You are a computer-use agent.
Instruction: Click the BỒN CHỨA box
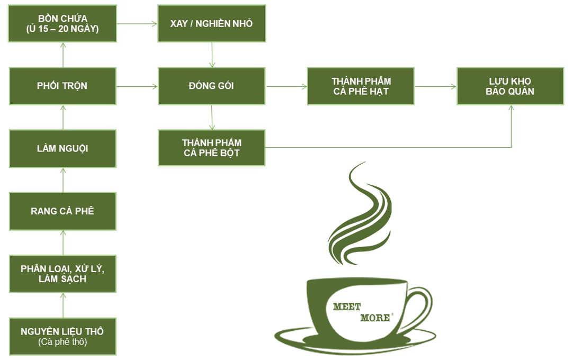pos(62,24)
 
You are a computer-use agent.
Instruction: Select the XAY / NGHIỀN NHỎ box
pos(211,24)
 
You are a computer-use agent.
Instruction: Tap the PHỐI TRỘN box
pos(62,86)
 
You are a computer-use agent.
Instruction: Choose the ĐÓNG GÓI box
pos(211,86)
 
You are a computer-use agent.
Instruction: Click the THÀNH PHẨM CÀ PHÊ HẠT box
pos(360,86)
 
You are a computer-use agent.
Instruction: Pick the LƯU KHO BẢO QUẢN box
pos(510,86)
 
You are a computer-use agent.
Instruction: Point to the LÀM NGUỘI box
pos(62,148)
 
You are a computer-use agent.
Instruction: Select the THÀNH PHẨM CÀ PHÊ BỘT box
pos(211,148)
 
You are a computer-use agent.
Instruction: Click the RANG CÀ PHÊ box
pos(62,211)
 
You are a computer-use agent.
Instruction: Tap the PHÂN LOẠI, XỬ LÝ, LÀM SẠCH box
pos(62,273)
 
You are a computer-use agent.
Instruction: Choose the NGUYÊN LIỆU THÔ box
pos(62,332)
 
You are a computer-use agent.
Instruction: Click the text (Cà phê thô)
pos(62,343)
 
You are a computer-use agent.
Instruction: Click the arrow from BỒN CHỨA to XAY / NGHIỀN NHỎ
pos(137,24)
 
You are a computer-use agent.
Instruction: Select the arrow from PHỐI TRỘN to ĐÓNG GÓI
pos(137,86)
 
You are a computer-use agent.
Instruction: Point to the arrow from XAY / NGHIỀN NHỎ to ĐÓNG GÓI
pos(212,55)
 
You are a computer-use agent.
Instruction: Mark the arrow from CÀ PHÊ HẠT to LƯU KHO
pos(435,86)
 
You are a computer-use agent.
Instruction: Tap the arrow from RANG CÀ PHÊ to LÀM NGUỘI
pos(63,179)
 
